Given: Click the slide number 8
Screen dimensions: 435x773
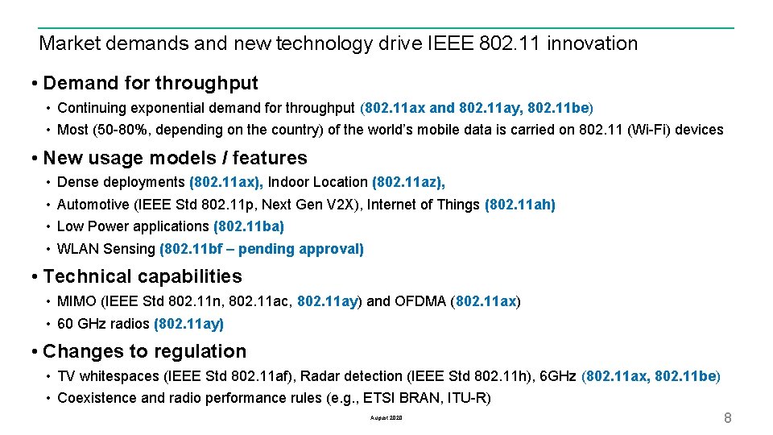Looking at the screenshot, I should click(x=727, y=418).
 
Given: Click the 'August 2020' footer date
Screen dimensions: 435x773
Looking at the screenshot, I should click(x=386, y=419).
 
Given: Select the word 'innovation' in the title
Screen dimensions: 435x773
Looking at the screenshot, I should click(x=592, y=43).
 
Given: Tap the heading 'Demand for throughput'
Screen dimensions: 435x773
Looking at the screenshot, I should click(x=151, y=83).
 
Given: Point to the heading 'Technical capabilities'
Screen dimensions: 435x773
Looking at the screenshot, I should click(x=143, y=276).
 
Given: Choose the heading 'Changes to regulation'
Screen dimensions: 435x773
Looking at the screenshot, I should click(x=145, y=351).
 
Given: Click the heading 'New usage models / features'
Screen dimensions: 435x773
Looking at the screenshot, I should click(x=175, y=158).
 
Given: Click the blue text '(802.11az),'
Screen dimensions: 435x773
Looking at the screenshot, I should click(x=409, y=183).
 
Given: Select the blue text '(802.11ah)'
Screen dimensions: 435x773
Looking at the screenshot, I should click(x=520, y=205).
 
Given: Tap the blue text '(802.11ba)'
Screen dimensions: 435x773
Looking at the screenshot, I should click(x=249, y=226).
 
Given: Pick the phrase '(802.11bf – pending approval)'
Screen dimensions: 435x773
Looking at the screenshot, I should click(x=262, y=249).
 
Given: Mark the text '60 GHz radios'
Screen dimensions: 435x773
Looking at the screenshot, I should click(x=103, y=324).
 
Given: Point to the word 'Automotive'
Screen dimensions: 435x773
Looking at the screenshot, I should click(x=93, y=205).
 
